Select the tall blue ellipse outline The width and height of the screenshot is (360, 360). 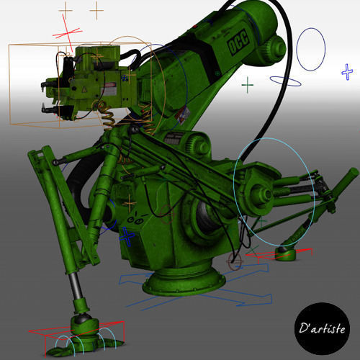311,49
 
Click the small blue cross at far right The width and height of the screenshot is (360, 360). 347,71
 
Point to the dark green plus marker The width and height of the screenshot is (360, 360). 248,86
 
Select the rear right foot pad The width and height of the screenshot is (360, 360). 287,253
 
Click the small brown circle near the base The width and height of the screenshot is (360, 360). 235,260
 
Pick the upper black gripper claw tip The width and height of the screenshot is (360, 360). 48,86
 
